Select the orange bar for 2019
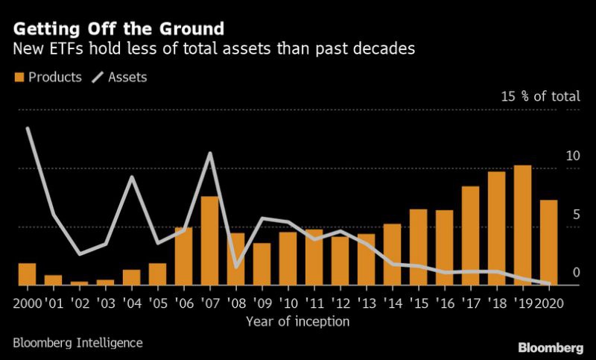(522, 225)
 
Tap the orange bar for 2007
(209, 240)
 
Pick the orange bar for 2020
(548, 242)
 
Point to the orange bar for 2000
(27, 274)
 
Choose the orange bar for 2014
(392, 254)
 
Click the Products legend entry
(46, 77)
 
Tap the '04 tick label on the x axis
(131, 305)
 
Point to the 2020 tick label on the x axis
(550, 305)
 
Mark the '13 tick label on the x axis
(366, 305)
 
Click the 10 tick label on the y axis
(572, 157)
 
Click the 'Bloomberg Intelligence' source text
(78, 343)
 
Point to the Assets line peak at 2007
(210, 154)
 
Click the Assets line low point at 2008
(236, 267)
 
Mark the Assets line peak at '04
(132, 177)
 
